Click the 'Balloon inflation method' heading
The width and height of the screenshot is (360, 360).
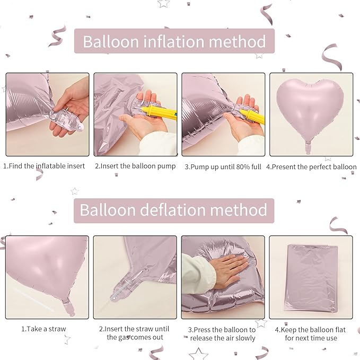[x=174, y=41]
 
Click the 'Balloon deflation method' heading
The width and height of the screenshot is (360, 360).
[x=173, y=210]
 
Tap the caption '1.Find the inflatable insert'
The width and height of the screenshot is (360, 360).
[x=45, y=166]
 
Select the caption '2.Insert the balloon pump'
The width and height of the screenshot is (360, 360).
[x=135, y=166]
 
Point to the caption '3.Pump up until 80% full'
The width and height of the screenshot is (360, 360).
[x=223, y=166]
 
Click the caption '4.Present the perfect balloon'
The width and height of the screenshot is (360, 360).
[x=311, y=166]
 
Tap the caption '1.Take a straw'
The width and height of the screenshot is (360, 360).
[x=44, y=329]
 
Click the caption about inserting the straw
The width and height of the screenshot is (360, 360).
[x=135, y=333]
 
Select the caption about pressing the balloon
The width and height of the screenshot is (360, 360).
[x=223, y=333]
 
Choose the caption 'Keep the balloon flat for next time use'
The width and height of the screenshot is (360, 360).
[x=311, y=333]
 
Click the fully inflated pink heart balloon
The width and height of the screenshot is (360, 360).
[x=310, y=106]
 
